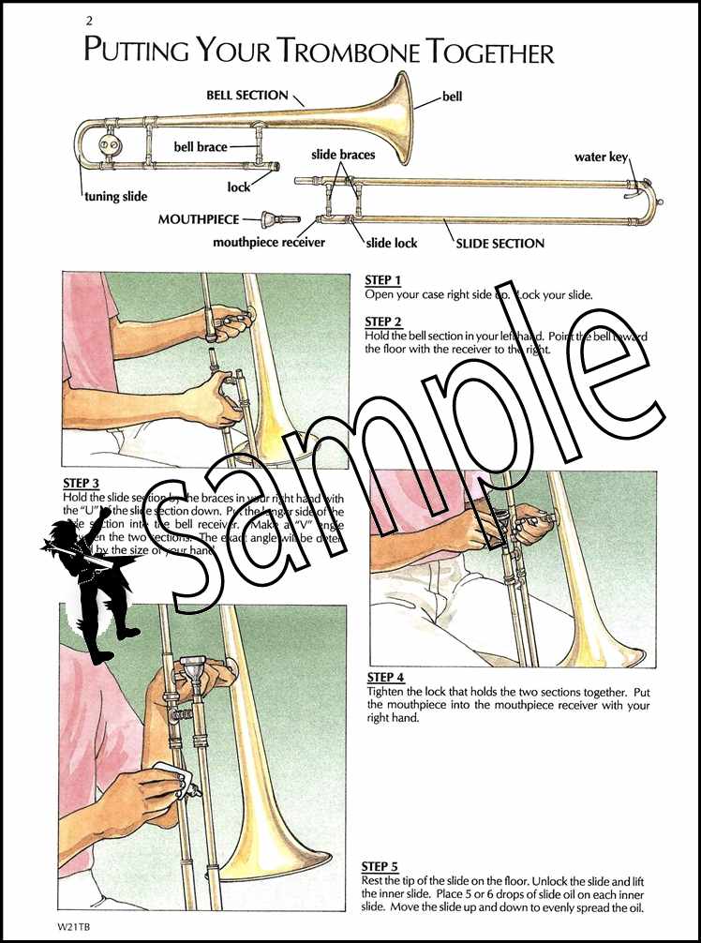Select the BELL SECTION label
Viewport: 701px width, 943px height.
[247, 96]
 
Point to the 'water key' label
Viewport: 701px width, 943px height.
[601, 157]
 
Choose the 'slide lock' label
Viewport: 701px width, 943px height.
[392, 244]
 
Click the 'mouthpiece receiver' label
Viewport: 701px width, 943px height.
[269, 243]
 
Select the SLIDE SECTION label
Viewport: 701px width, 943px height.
[500, 244]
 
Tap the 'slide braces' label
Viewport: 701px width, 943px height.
[344, 154]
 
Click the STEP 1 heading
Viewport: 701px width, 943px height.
[382, 280]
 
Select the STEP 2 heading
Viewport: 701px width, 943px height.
[382, 322]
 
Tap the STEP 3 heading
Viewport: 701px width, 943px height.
[82, 484]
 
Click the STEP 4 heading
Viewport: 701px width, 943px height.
[385, 678]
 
